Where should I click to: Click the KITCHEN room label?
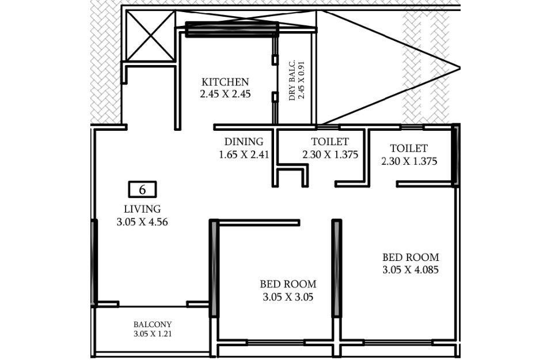(225, 82)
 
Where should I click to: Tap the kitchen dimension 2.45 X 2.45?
(225, 94)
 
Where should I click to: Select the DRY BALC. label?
(292, 80)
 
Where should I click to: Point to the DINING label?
(244, 142)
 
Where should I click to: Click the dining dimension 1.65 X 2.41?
(244, 155)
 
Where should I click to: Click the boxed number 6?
(142, 190)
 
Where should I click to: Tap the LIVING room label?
(142, 209)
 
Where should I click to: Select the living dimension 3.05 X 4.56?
(142, 222)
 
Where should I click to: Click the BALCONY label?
(153, 324)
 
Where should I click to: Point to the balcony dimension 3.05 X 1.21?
(153, 334)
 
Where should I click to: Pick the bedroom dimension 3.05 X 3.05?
(288, 297)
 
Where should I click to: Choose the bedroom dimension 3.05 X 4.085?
(411, 270)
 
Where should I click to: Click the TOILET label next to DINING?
(330, 142)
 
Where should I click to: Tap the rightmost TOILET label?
(409, 148)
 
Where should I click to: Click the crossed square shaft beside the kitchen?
(150, 36)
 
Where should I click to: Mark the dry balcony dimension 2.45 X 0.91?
(302, 80)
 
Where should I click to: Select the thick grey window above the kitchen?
(232, 29)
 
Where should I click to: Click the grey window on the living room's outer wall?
(94, 263)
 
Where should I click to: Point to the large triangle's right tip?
(460, 68)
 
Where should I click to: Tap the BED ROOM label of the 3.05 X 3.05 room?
(288, 284)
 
